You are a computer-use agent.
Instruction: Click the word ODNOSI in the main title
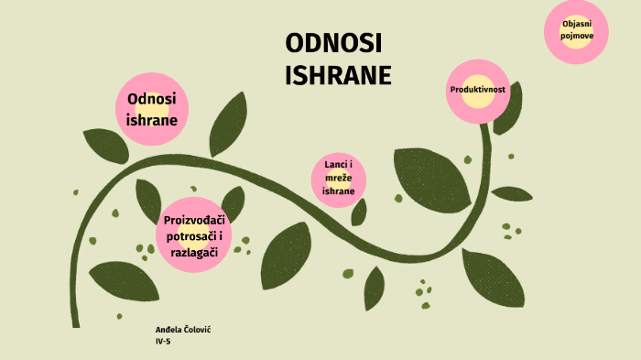(333, 43)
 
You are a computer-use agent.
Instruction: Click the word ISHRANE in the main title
(338, 75)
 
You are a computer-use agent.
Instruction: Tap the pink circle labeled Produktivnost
(477, 92)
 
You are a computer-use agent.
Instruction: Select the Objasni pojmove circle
(576, 31)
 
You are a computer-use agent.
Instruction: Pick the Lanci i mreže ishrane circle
(339, 180)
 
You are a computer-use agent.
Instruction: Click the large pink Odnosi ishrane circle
(152, 109)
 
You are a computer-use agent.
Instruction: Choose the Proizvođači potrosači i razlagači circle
(194, 235)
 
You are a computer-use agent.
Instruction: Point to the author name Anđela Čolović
(183, 330)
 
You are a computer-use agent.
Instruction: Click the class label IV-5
(163, 342)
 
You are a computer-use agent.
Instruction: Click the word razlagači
(194, 253)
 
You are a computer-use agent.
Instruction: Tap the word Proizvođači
(194, 221)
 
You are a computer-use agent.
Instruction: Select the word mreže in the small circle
(339, 178)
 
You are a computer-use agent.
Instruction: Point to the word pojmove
(577, 36)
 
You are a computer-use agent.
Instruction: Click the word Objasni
(577, 24)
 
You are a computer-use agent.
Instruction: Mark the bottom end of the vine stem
(76, 327)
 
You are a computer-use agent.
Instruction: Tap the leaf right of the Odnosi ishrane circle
(228, 125)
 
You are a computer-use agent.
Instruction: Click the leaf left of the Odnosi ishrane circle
(106, 146)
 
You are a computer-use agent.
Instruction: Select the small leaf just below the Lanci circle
(359, 213)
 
